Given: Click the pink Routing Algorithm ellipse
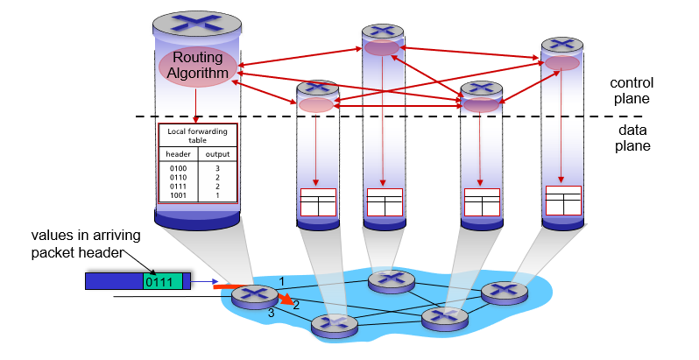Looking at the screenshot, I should [x=198, y=67].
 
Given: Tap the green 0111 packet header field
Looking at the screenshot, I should [x=163, y=280].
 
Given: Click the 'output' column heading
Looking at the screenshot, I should [x=217, y=153].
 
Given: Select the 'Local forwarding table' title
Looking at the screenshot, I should [x=197, y=135].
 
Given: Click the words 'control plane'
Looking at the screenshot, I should [x=632, y=91].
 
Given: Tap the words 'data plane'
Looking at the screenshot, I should [x=632, y=138].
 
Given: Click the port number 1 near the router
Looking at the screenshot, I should [x=281, y=280].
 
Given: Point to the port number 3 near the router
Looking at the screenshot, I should [x=271, y=313].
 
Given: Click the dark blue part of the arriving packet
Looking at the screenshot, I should [x=114, y=280].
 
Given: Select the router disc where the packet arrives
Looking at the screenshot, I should [x=254, y=296].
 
